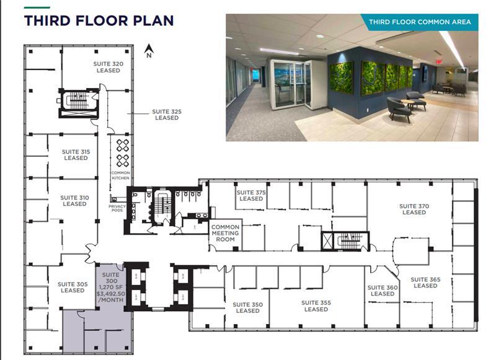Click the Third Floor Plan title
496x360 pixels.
(99, 20)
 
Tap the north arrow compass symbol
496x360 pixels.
(148, 51)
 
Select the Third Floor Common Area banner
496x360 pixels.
(420, 22)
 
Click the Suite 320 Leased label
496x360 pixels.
(108, 67)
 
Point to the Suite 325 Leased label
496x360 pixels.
(166, 115)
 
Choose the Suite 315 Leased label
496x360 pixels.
(76, 155)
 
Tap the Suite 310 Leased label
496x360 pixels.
(74, 201)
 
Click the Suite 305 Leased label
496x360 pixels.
(73, 288)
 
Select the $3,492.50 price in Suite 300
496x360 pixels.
(111, 294)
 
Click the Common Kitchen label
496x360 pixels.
(120, 175)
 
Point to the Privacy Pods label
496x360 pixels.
(117, 208)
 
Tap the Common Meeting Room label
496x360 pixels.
(225, 233)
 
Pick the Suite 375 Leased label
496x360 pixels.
(251, 196)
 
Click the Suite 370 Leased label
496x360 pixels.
(414, 209)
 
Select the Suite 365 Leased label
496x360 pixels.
(425, 283)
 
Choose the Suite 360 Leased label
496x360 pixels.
(382, 291)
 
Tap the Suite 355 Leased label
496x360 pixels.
(316, 306)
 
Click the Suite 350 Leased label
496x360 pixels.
(247, 307)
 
